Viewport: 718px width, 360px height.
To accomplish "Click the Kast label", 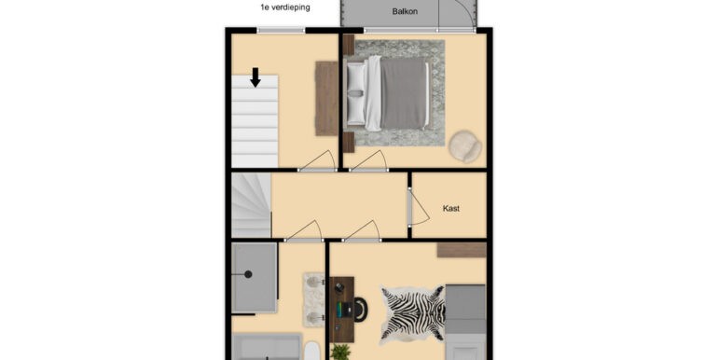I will click(451, 208).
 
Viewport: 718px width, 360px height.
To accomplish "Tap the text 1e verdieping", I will click(285, 7).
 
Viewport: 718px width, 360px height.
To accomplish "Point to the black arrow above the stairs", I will click(255, 77).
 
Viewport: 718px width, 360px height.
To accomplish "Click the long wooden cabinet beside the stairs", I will click(326, 98).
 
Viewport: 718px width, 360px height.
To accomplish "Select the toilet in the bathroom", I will click(313, 351).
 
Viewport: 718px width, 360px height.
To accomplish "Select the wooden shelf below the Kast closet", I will click(461, 249).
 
